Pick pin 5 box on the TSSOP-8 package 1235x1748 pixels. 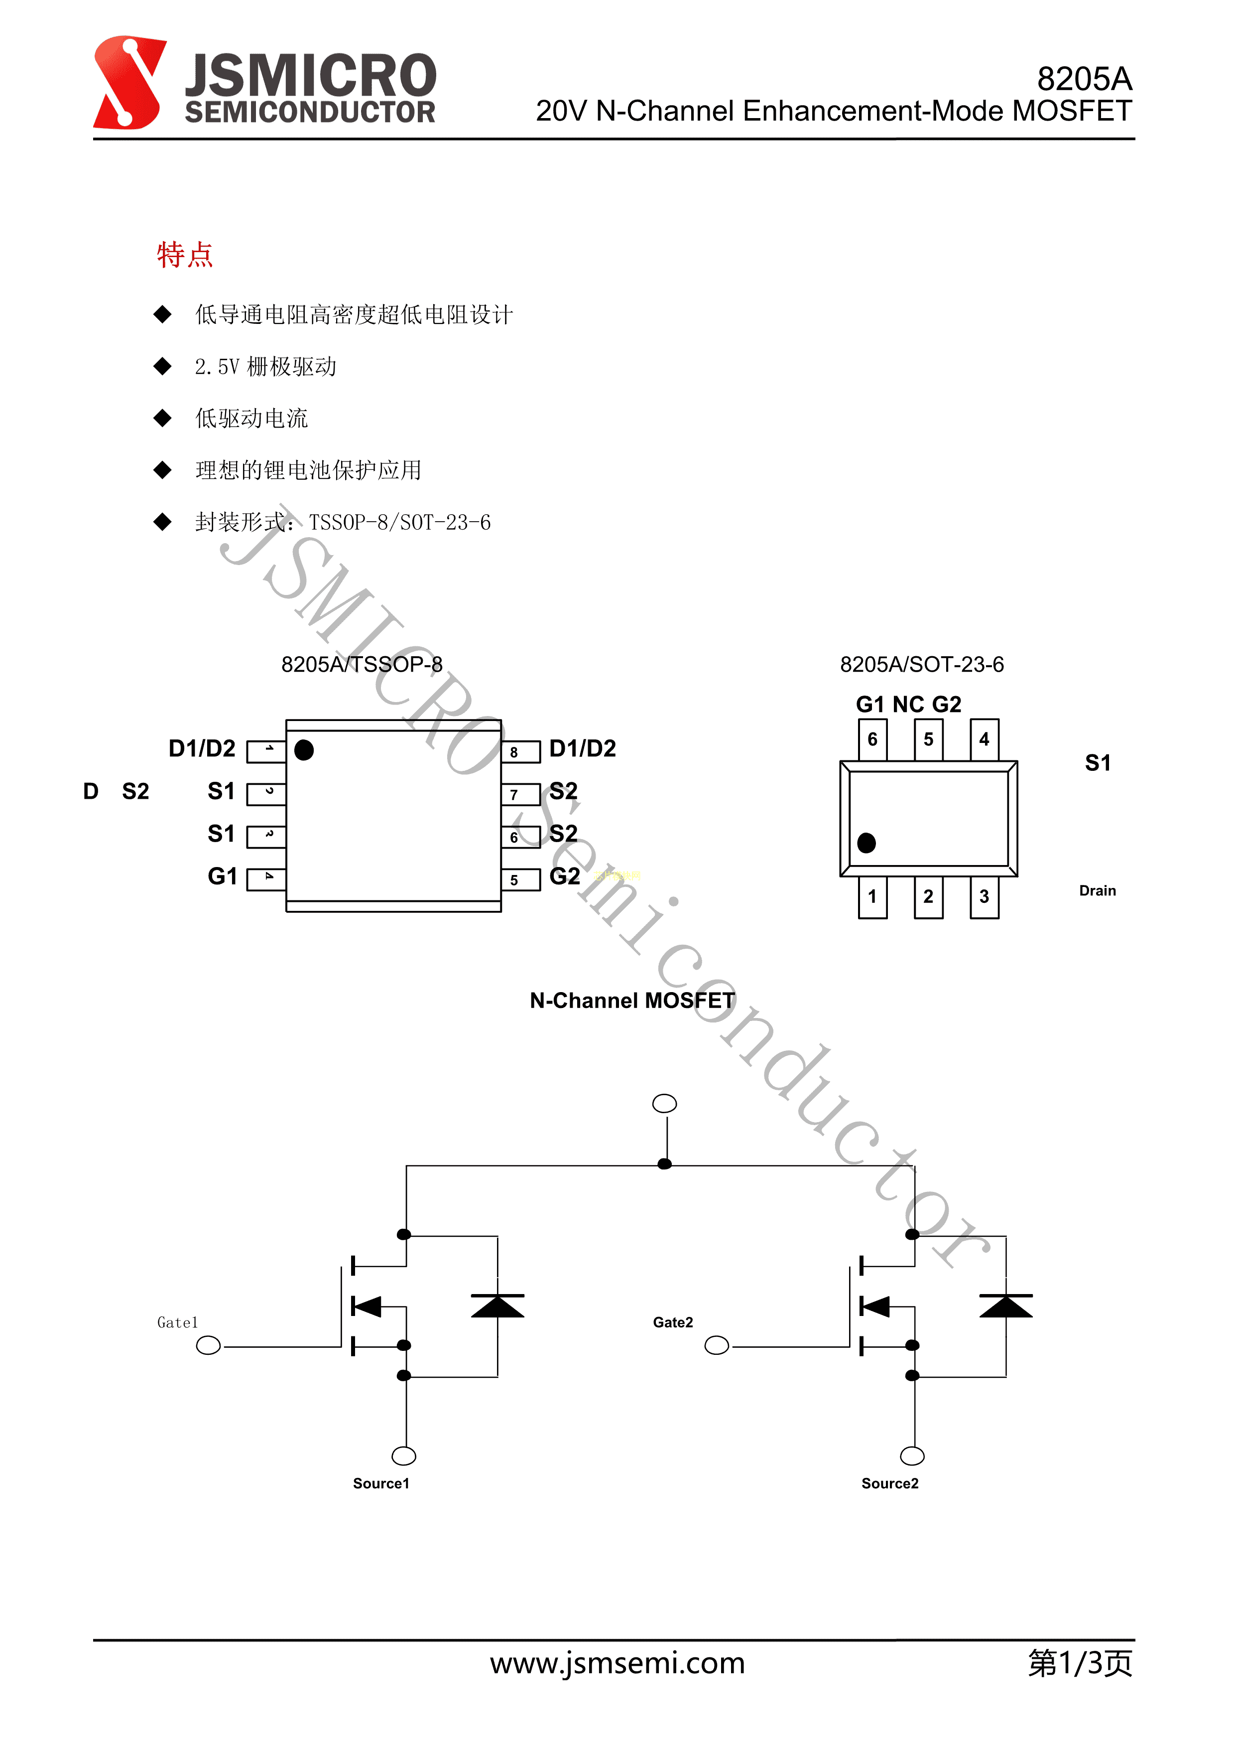tap(520, 879)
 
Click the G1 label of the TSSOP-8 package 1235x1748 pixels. tap(222, 876)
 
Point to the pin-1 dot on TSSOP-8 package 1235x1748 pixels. tap(304, 750)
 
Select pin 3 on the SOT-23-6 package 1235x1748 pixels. tap(984, 897)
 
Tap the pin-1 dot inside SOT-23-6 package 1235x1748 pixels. tap(866, 843)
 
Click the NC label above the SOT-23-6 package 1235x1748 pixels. tap(908, 704)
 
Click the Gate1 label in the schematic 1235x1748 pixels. tap(177, 1322)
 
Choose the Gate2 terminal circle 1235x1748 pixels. tap(716, 1346)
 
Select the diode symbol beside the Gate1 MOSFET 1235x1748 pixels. tap(497, 1307)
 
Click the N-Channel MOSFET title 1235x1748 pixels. tap(632, 1001)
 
